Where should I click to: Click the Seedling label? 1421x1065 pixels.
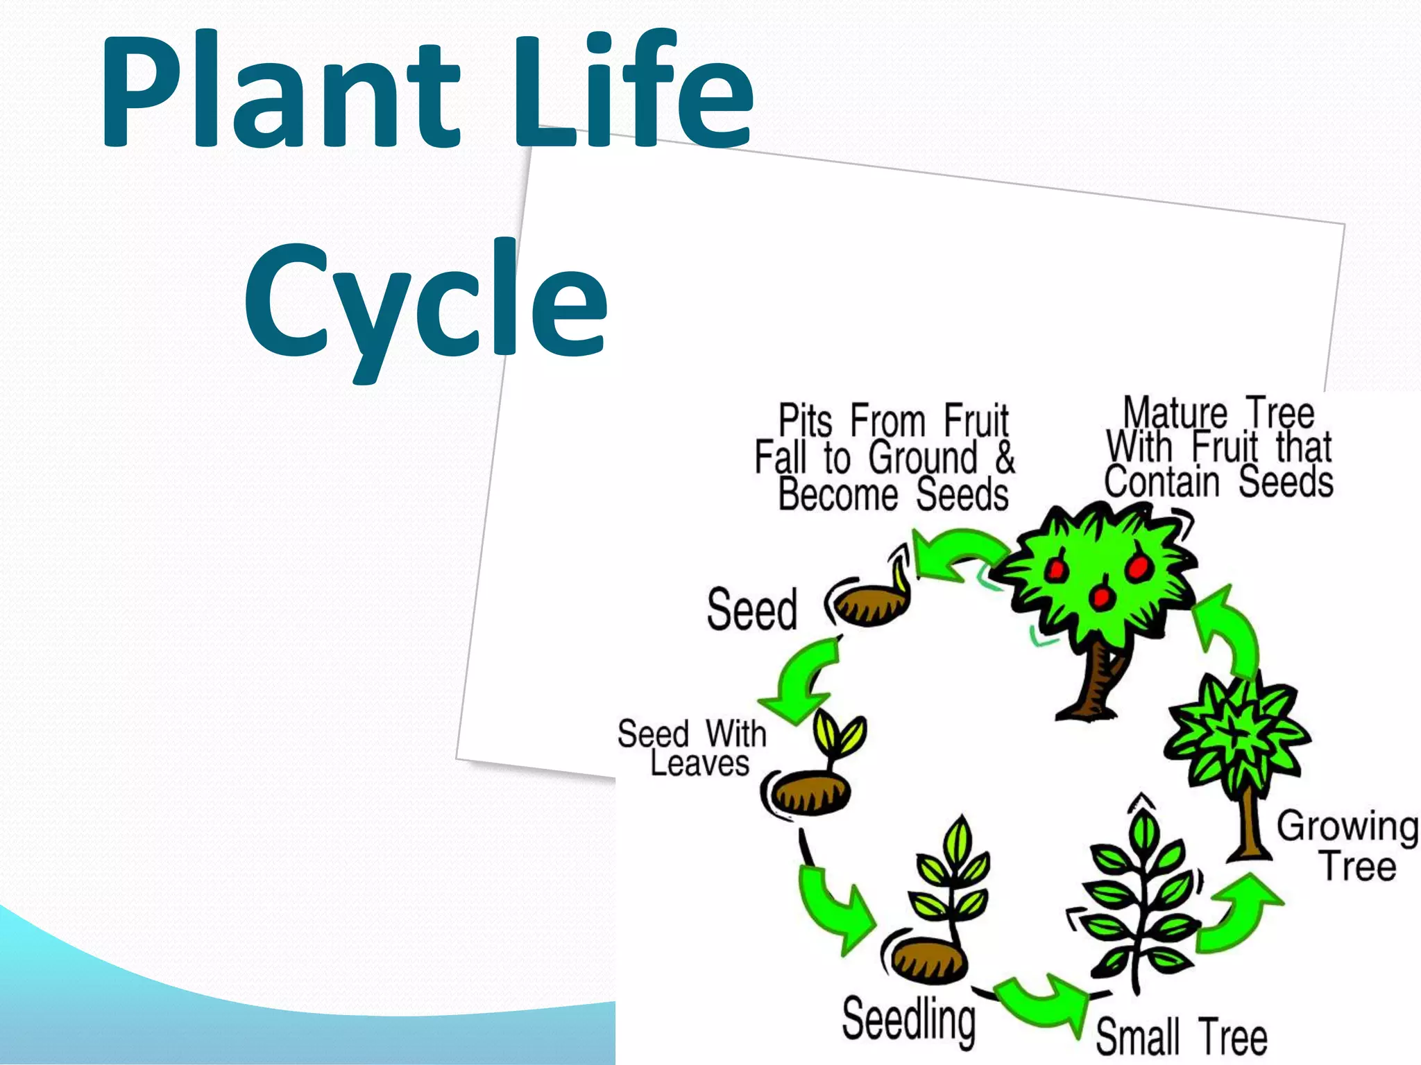(908, 1019)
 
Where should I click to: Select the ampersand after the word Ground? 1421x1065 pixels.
(1005, 458)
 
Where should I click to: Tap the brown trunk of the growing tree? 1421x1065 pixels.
(1249, 829)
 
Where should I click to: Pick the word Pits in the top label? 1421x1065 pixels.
(805, 420)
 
